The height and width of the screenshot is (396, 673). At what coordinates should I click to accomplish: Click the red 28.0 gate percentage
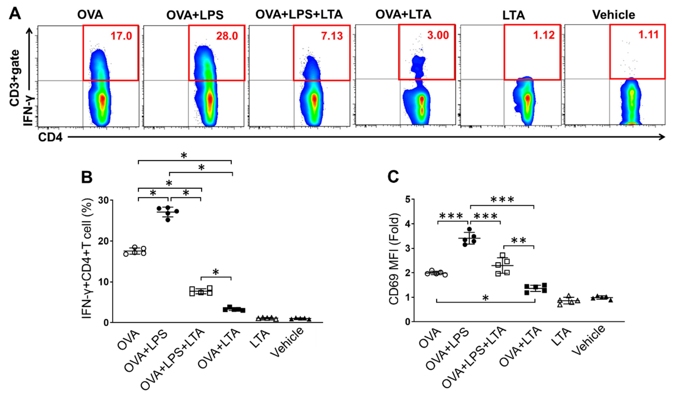pyautogui.click(x=227, y=36)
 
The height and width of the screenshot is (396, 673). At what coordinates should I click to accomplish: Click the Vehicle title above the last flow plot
pyautogui.click(x=613, y=15)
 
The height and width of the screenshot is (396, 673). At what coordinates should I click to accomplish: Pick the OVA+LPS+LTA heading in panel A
pyautogui.click(x=299, y=14)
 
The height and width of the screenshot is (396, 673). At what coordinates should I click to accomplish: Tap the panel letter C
pyautogui.click(x=393, y=177)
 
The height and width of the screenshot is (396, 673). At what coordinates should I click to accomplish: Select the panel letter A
pyautogui.click(x=15, y=13)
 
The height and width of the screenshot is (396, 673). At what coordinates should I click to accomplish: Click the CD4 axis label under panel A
pyautogui.click(x=50, y=137)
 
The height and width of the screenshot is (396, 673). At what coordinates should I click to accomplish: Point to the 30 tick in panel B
pyautogui.click(x=104, y=200)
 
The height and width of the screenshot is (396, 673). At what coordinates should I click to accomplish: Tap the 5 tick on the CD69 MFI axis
pyautogui.click(x=408, y=199)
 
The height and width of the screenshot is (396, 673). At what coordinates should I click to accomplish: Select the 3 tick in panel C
pyautogui.click(x=408, y=248)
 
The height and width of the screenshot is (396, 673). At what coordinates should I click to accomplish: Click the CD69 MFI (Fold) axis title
pyautogui.click(x=394, y=259)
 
